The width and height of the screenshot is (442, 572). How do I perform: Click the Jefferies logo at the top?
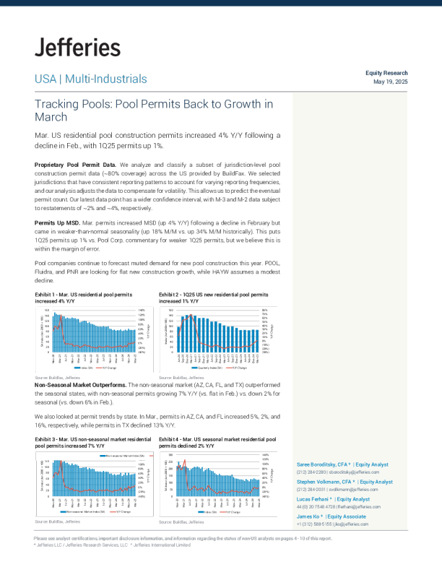pyautogui.click(x=77, y=48)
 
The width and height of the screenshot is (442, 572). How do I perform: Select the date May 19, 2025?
pyautogui.click(x=391, y=82)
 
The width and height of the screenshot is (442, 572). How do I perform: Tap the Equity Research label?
pyautogui.click(x=386, y=73)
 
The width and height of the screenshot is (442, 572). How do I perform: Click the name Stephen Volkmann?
pyautogui.click(x=322, y=482)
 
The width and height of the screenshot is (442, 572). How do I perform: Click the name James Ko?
pyautogui.click(x=308, y=516)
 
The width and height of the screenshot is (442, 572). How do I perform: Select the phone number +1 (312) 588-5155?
pyautogui.click(x=315, y=524)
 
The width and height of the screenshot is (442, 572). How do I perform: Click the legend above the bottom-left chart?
pyautogui.click(x=125, y=456)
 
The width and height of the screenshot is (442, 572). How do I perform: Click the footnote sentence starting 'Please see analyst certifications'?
pyautogui.click(x=183, y=539)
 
